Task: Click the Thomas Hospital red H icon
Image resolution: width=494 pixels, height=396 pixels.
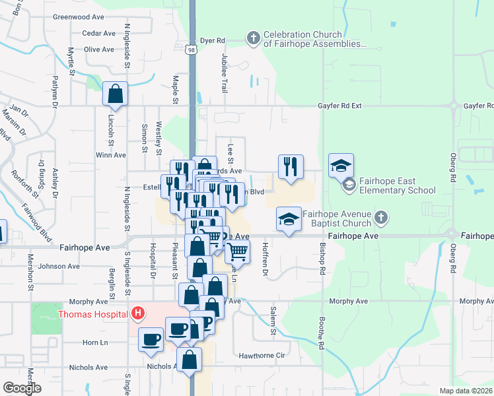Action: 138,313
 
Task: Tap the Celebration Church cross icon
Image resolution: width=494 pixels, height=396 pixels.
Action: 254,38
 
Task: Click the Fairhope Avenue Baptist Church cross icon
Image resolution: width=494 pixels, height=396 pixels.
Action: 380,217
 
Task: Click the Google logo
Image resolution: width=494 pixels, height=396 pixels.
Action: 22,388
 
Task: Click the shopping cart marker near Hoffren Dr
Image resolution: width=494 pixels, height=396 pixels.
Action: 238,251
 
